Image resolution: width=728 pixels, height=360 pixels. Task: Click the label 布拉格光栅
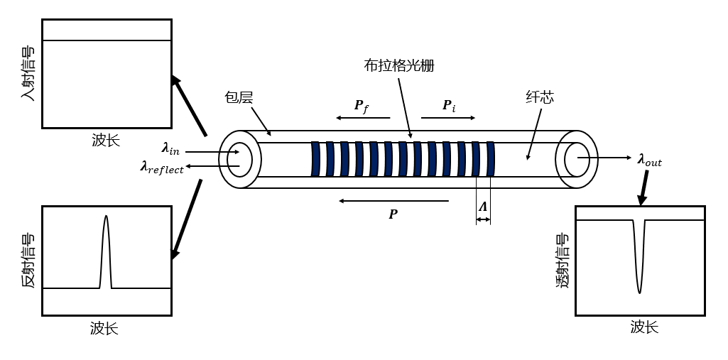(x=398, y=66)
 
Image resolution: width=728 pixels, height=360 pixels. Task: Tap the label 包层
(x=239, y=97)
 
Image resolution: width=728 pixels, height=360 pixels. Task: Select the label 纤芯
(x=539, y=97)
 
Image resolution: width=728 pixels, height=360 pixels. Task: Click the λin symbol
(x=170, y=148)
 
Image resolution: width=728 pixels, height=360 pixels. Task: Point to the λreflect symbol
(x=162, y=168)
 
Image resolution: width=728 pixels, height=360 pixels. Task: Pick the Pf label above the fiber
(x=362, y=106)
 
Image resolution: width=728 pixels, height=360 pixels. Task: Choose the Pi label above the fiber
(x=449, y=106)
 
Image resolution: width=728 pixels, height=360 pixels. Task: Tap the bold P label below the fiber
(x=393, y=214)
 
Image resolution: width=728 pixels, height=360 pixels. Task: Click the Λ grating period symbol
(x=483, y=207)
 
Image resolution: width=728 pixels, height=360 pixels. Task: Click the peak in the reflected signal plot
(x=106, y=217)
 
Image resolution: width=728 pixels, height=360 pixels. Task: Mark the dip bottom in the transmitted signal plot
(x=639, y=292)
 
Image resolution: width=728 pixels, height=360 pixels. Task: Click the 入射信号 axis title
(x=28, y=73)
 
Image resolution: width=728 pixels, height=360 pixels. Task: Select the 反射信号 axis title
(x=28, y=260)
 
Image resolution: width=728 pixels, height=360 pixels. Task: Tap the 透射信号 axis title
(x=563, y=260)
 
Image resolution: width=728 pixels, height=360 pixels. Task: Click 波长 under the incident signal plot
(x=106, y=140)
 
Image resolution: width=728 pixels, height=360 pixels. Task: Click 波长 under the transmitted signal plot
(x=644, y=327)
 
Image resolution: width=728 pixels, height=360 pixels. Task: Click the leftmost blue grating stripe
(x=315, y=159)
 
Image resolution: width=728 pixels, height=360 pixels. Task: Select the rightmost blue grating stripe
(x=490, y=159)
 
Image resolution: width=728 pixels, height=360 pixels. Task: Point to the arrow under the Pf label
(x=363, y=118)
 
